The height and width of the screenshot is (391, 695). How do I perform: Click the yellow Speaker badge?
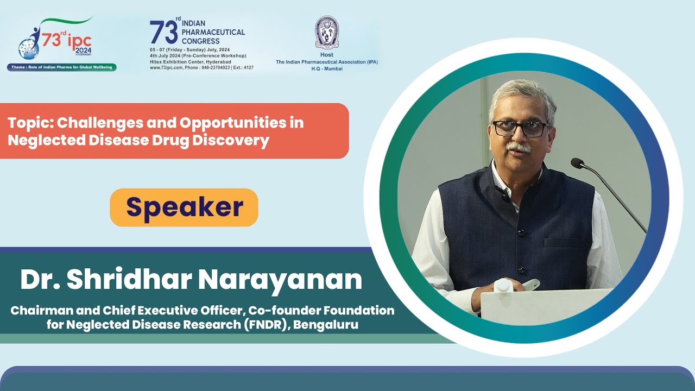click(x=184, y=207)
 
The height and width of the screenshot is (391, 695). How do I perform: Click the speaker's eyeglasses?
click(x=519, y=129)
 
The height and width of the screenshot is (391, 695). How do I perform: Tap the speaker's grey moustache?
click(x=518, y=147)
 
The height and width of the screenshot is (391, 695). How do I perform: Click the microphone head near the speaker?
click(x=577, y=163)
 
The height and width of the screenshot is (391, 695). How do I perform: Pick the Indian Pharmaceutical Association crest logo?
click(x=327, y=33)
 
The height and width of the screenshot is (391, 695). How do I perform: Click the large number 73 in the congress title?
click(x=163, y=33)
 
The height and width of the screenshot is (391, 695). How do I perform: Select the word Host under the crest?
click(x=327, y=55)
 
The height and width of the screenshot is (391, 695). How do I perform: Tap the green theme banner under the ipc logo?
click(x=61, y=67)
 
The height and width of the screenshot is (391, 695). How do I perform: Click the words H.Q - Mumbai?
click(x=327, y=69)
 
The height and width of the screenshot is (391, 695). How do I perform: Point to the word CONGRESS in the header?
click(x=201, y=41)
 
